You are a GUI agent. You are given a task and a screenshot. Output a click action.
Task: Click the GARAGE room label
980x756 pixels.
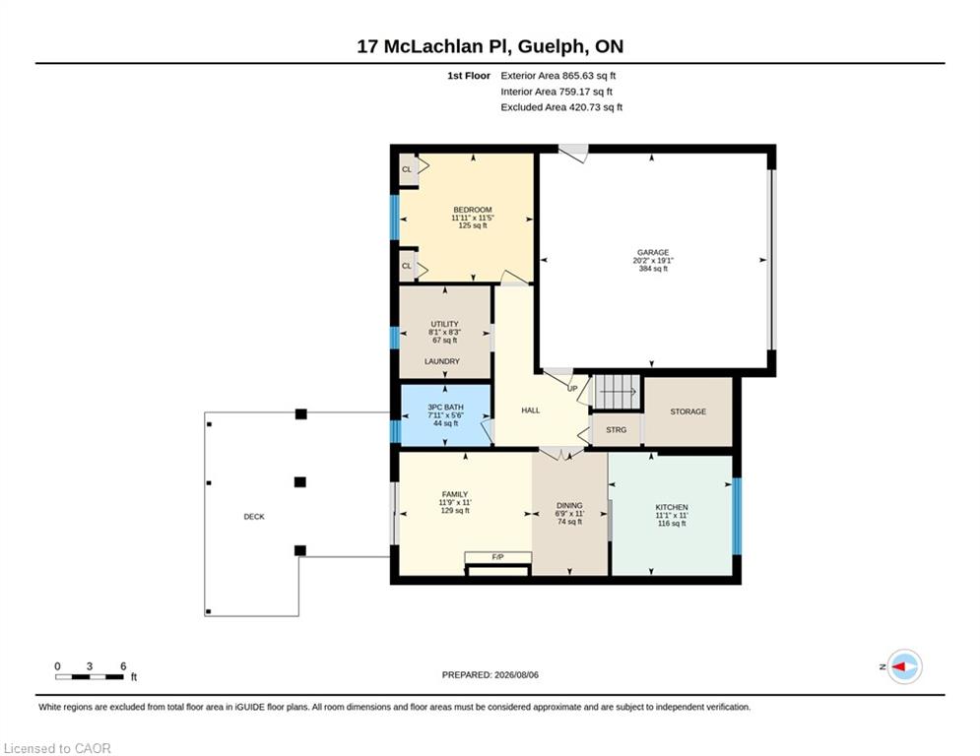pos(653,252)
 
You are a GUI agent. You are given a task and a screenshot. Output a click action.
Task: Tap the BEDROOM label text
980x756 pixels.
pos(473,210)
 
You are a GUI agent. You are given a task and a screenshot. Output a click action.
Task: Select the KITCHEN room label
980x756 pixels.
pos(672,507)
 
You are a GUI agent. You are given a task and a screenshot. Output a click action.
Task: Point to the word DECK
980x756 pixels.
pos(254,517)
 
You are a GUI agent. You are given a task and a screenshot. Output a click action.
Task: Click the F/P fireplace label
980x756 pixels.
pos(498,557)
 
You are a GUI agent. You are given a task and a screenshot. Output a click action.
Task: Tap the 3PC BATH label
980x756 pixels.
pos(445,408)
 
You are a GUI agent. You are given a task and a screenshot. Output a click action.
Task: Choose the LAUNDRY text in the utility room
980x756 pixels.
pos(442,361)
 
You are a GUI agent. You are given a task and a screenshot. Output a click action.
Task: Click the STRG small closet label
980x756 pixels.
pos(617,430)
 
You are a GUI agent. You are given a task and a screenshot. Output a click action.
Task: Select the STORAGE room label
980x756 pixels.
pos(688,411)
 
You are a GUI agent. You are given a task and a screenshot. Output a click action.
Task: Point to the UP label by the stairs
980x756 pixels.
pos(572,389)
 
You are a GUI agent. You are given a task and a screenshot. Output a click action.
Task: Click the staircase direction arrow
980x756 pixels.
pos(618,392)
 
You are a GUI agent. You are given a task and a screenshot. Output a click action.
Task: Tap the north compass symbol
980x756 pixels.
pos(904,666)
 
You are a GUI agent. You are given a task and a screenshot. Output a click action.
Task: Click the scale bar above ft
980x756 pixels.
pos(90,676)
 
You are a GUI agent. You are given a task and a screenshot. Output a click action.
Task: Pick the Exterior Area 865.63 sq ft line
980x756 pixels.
pos(558,76)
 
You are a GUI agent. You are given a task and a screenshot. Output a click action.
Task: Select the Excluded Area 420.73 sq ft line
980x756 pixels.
pos(561,107)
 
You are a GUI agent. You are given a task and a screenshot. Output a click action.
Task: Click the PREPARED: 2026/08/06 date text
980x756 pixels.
pos(490,674)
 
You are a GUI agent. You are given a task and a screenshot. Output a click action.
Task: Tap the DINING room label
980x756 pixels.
pos(569,505)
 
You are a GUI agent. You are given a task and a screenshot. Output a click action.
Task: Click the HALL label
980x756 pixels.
pos(531,410)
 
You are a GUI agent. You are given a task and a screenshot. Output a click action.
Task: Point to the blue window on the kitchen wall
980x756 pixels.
pos(737,516)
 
